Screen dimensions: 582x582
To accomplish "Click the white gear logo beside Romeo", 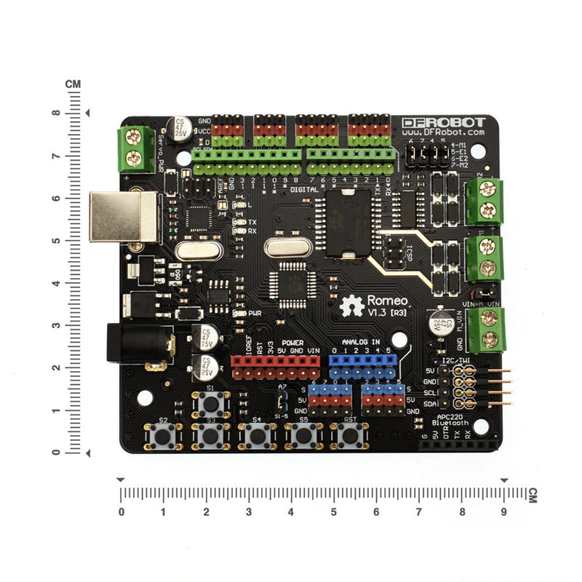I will pyautogui.click(x=352, y=306).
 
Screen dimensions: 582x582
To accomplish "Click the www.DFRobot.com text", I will pyautogui.click(x=444, y=133).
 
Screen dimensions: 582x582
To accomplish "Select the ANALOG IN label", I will pyautogui.click(x=361, y=340).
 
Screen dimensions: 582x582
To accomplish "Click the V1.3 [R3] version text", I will pyautogui.click(x=389, y=312).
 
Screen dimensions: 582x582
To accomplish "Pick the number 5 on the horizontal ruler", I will pyautogui.click(x=334, y=511).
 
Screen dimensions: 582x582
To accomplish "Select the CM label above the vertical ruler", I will pyautogui.click(x=72, y=84).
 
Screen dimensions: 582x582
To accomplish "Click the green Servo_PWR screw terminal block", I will pyautogui.click(x=135, y=149).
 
